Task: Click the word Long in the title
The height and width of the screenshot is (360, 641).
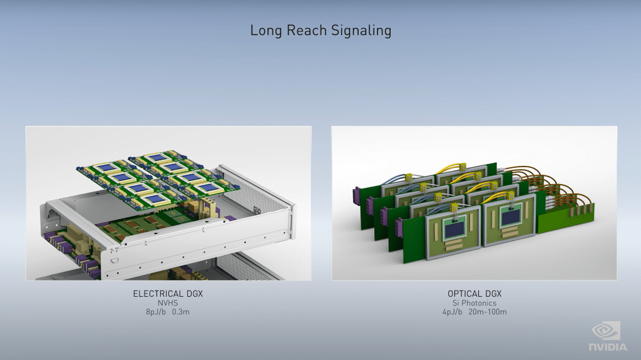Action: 265,31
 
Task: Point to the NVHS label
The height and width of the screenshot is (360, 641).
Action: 168,303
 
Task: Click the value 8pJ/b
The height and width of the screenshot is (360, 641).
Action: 156,312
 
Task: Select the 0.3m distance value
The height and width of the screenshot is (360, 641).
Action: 181,312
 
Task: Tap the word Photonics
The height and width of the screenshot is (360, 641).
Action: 479,303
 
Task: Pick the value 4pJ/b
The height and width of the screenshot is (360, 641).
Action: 452,312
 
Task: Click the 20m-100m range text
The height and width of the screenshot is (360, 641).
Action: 488,312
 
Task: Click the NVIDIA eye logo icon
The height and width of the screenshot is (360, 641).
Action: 606,331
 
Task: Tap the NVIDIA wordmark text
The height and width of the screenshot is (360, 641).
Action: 607,347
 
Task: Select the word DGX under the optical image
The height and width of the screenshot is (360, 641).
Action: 493,294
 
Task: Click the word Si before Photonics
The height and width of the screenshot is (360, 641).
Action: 456,303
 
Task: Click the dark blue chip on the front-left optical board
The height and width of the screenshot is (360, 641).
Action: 453,231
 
